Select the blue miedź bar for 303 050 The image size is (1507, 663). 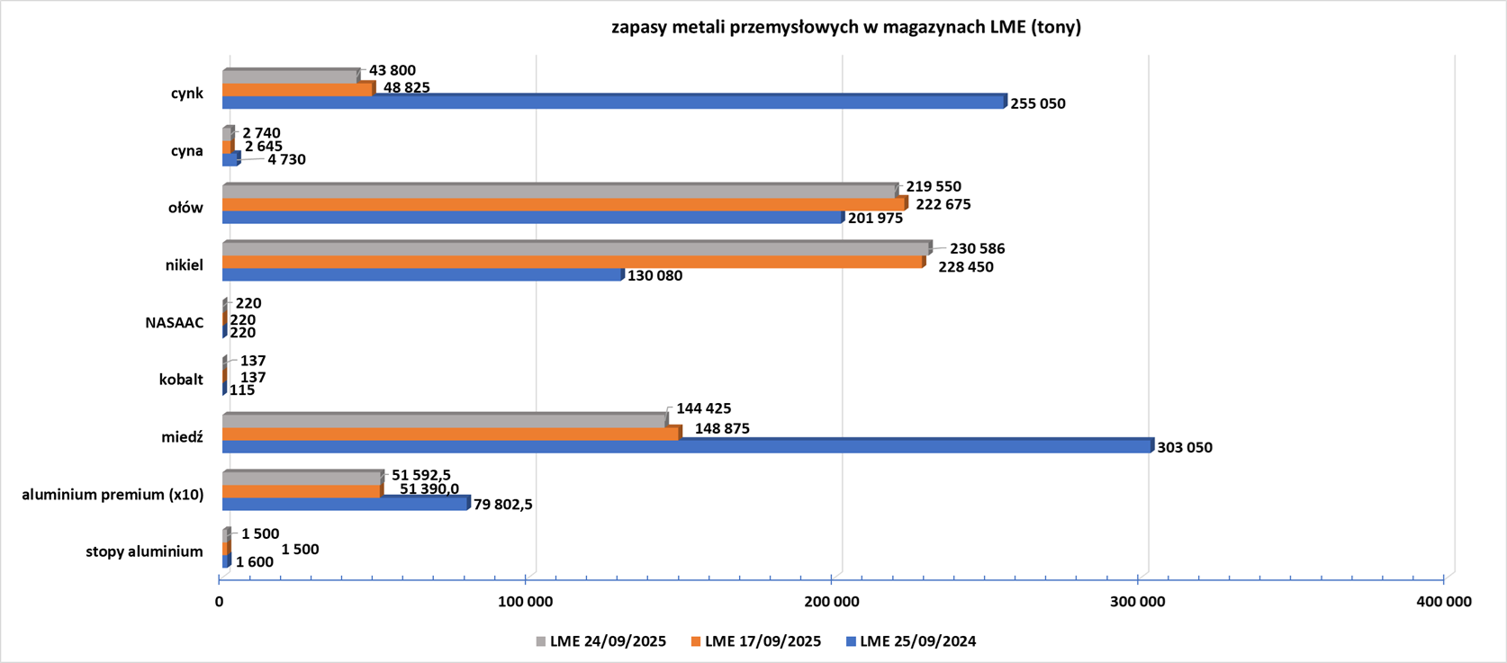687,446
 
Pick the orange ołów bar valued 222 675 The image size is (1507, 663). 564,205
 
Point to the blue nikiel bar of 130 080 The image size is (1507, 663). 422,275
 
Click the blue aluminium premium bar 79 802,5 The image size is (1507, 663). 346,504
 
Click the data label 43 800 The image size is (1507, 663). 393,70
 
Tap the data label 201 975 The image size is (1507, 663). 875,219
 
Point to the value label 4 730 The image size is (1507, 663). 286,159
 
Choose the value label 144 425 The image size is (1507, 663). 704,408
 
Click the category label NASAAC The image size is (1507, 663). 175,323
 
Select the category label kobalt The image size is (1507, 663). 181,380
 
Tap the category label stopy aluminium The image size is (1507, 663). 145,551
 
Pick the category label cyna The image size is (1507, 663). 187,150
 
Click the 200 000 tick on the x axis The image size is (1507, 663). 832,602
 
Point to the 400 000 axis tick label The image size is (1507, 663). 1443,602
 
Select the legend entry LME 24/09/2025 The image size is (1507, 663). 608,641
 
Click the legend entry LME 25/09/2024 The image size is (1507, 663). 917,641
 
